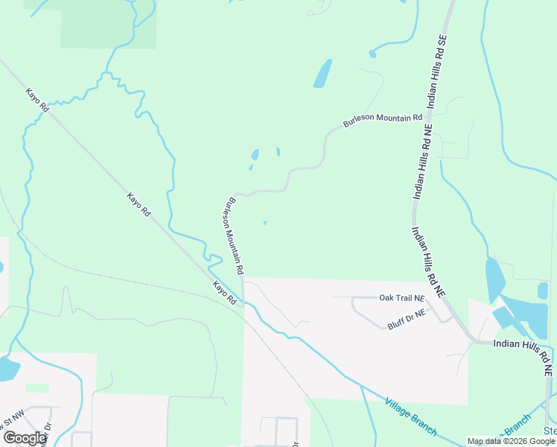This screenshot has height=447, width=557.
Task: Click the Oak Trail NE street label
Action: [401, 298]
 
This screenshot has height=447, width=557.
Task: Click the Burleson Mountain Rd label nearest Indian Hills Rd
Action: [382, 119]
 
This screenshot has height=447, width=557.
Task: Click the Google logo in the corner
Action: [24, 438]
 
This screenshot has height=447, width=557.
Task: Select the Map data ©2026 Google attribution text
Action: [511, 441]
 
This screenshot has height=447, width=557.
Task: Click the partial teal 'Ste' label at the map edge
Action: [550, 431]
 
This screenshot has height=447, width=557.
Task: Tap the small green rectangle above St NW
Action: [36, 388]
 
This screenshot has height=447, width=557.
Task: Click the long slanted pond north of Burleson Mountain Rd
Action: [322, 74]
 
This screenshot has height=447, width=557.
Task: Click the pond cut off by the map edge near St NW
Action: [7, 368]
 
